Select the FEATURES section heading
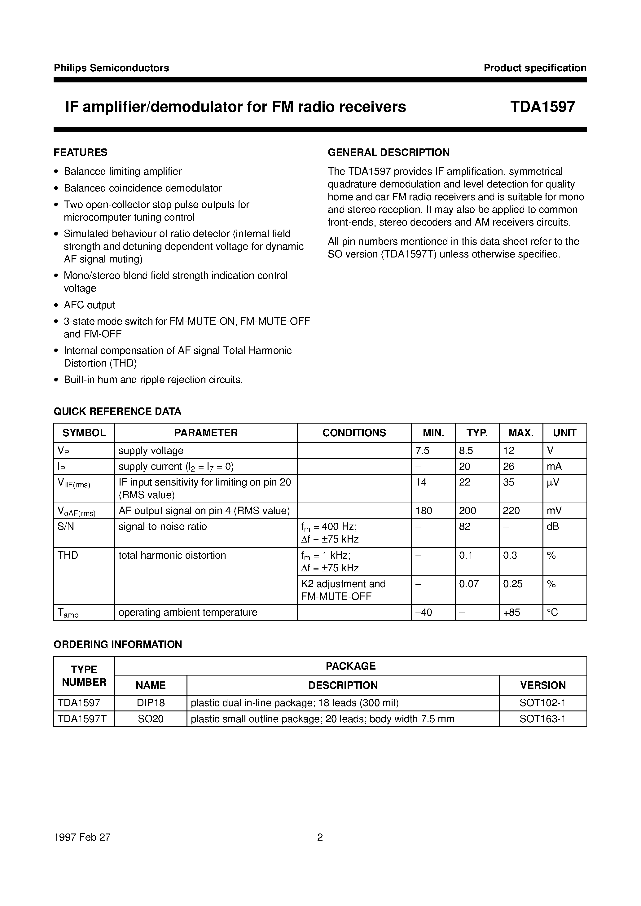(81, 152)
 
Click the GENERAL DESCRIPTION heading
(389, 152)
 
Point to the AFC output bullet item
(89, 305)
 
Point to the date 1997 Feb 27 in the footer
(82, 837)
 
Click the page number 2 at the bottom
(320, 837)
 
